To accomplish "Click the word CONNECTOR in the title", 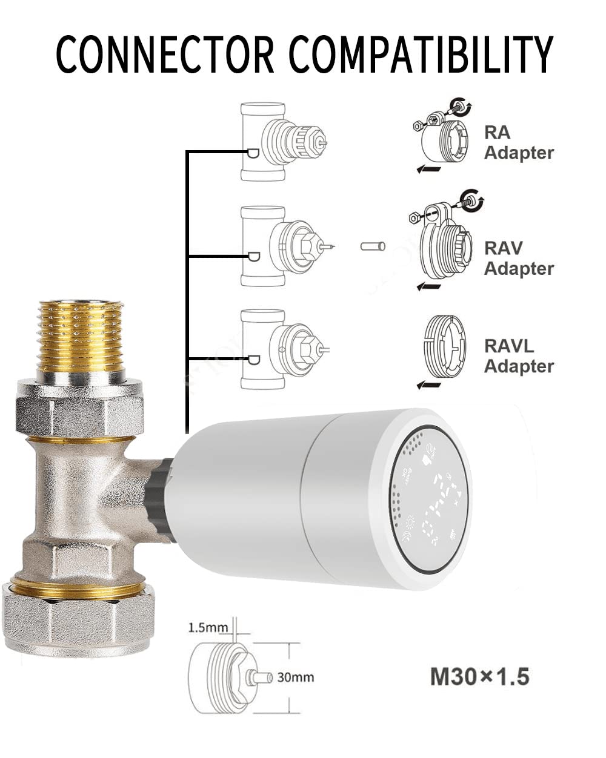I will [x=164, y=54].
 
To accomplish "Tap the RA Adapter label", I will [x=518, y=142].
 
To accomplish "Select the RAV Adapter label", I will [x=518, y=258].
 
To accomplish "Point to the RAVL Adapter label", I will [x=518, y=356].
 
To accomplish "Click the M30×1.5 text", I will [x=479, y=676].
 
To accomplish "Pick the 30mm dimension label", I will [x=296, y=677].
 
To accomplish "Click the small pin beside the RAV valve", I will [x=373, y=246].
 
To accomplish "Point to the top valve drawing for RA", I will [x=281, y=142].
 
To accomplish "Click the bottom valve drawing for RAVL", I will [x=282, y=349].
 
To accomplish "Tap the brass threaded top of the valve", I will [x=81, y=337].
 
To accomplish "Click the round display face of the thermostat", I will [x=430, y=499].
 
